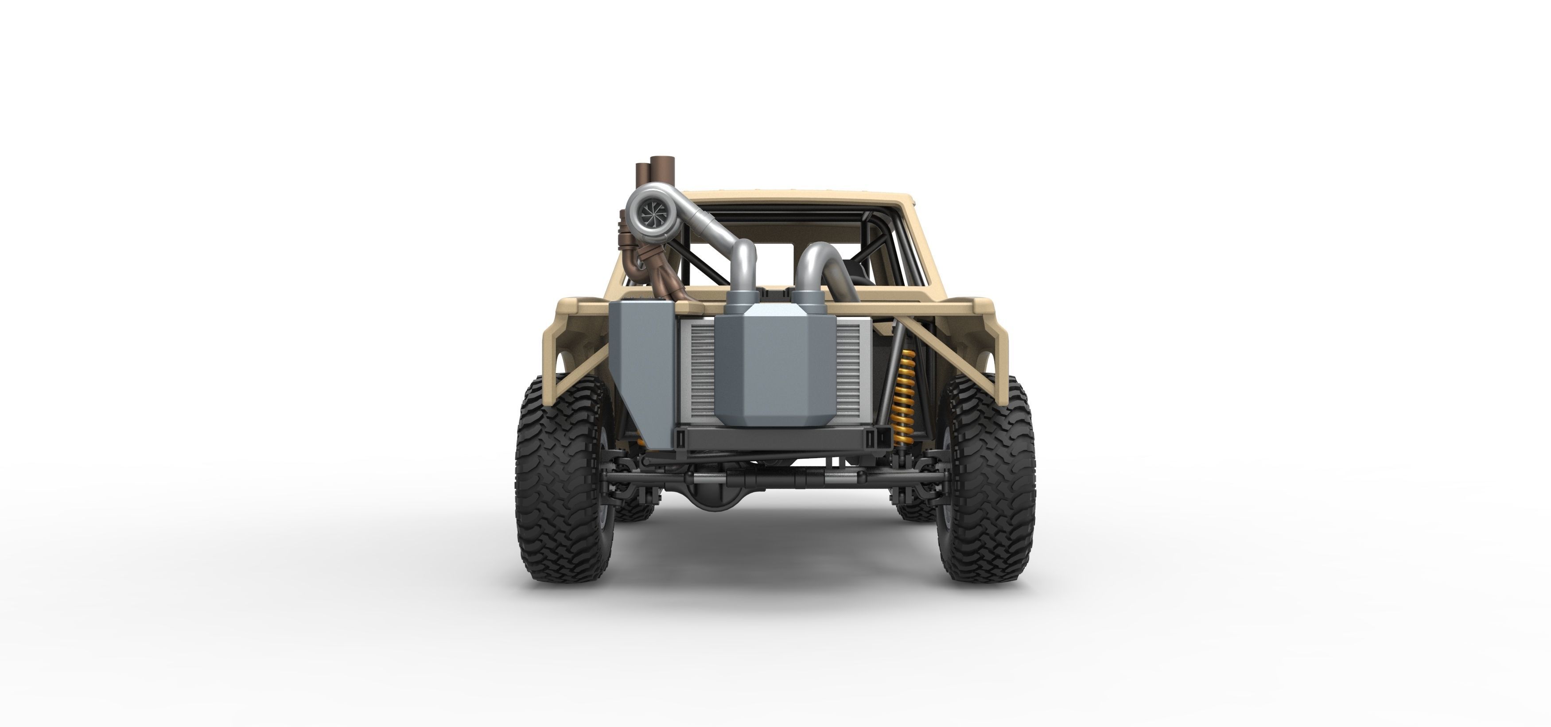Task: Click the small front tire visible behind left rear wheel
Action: (634, 506)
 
